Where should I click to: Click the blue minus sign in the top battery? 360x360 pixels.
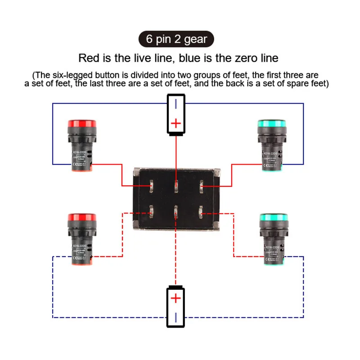176,104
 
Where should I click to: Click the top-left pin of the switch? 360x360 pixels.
152,185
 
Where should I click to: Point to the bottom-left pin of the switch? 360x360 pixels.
152,210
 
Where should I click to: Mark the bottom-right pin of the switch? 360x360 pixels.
201,210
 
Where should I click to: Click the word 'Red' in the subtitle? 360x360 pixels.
88,58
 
